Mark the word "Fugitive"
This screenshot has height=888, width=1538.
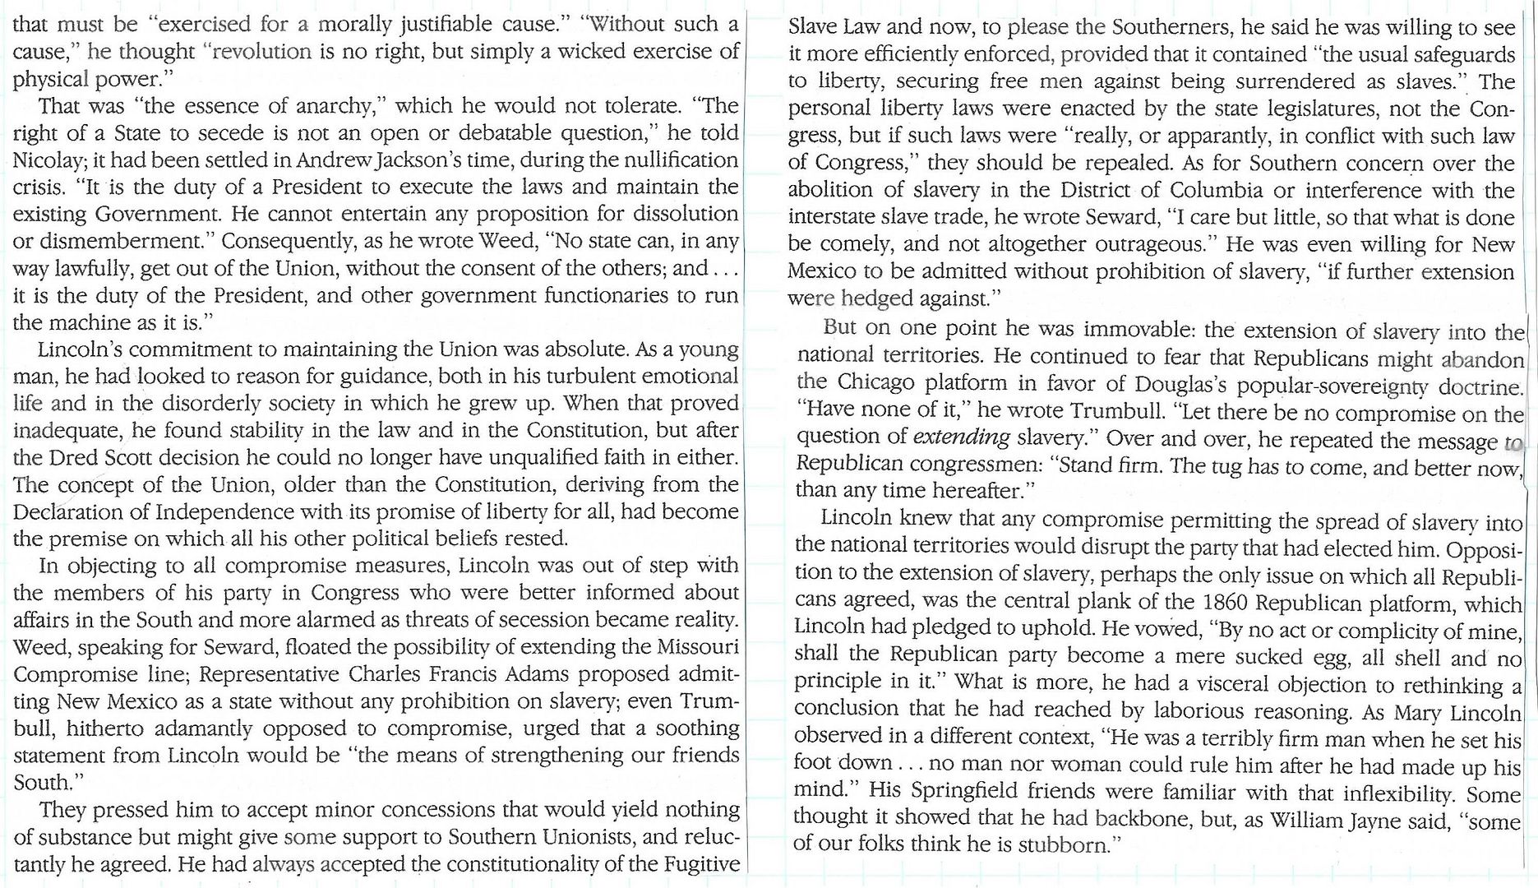pyautogui.click(x=698, y=864)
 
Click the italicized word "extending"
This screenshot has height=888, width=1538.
pyautogui.click(x=961, y=437)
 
